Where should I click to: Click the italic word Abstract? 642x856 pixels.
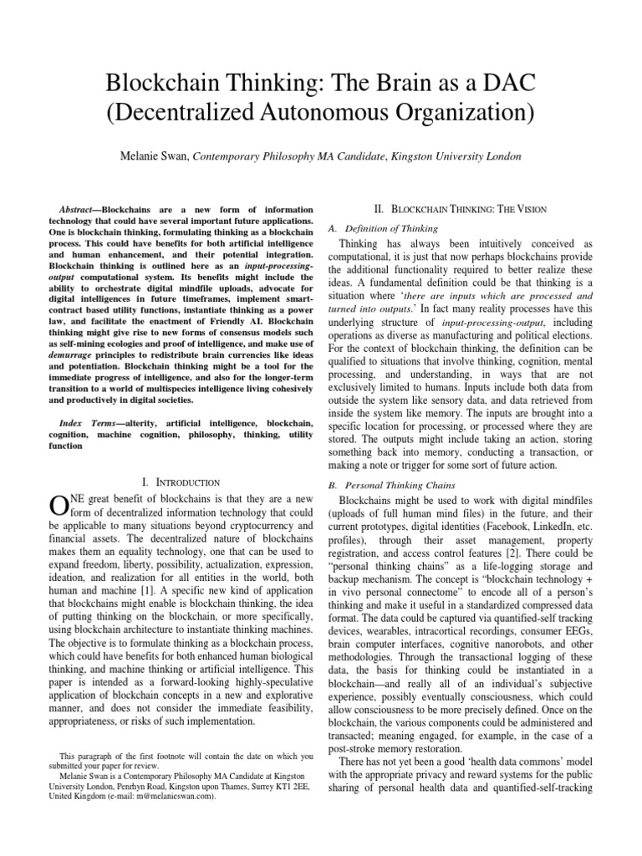[103, 209]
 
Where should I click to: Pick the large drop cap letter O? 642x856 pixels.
[59, 506]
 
